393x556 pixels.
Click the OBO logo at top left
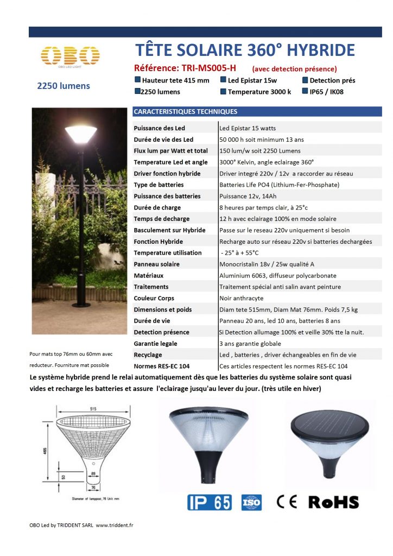pos(70,56)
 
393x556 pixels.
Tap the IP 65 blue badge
pos(210,502)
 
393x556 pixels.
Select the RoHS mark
pos(333,502)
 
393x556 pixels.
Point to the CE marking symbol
pos(287,502)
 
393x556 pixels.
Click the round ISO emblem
pos(251,502)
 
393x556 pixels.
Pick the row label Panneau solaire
pos(157,264)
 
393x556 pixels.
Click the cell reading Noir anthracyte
pos(242,298)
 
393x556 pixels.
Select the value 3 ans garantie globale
pos(250,343)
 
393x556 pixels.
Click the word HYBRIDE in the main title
pos(320,50)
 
